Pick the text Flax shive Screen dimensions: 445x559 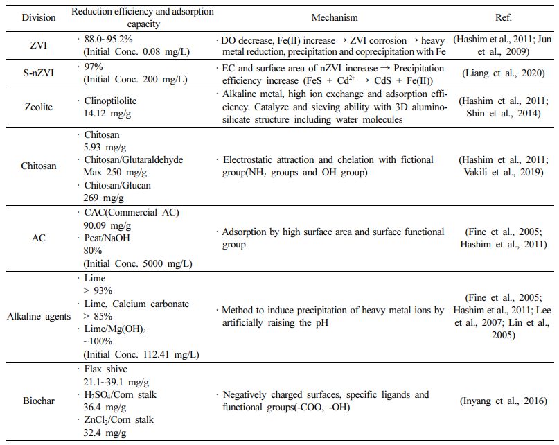[105, 370]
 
